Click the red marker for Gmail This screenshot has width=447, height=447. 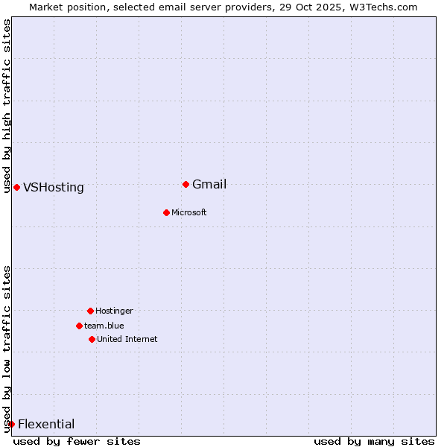point(186,184)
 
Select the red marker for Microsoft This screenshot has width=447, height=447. point(166,212)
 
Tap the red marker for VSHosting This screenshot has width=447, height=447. point(16,187)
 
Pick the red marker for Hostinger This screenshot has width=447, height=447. point(90,311)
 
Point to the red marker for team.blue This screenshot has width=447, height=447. point(79,326)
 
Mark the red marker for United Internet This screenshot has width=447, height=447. point(92,339)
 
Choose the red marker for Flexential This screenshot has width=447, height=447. point(11,424)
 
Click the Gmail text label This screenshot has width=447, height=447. point(209,185)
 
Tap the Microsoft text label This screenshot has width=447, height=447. point(189,213)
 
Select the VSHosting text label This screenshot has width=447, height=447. point(54,188)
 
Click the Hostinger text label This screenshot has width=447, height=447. point(114,311)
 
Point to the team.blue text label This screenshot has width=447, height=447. point(104,326)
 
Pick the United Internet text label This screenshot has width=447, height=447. point(127,340)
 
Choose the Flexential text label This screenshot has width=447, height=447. point(46,425)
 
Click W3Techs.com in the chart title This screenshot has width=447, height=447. point(380,7)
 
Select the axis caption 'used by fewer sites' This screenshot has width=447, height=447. point(77,441)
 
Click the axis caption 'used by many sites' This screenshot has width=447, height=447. point(374,441)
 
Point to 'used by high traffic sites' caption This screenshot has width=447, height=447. point(7,106)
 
